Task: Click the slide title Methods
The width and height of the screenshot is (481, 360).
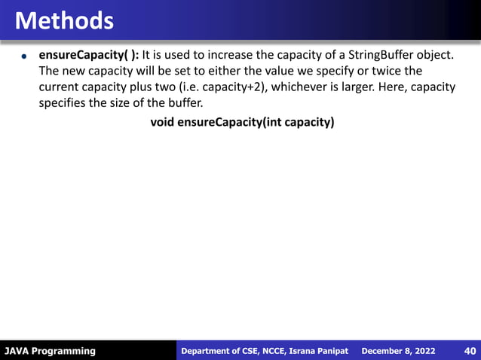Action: click(x=64, y=20)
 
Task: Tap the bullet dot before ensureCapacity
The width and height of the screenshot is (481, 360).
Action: click(x=24, y=56)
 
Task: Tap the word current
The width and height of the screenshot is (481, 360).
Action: click(x=62, y=87)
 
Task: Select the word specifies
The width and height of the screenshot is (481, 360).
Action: click(x=63, y=104)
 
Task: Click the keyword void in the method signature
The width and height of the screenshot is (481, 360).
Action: click(x=163, y=121)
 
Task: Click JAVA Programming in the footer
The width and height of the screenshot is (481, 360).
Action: click(x=50, y=351)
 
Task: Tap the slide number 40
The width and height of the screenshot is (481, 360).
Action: click(x=468, y=351)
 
